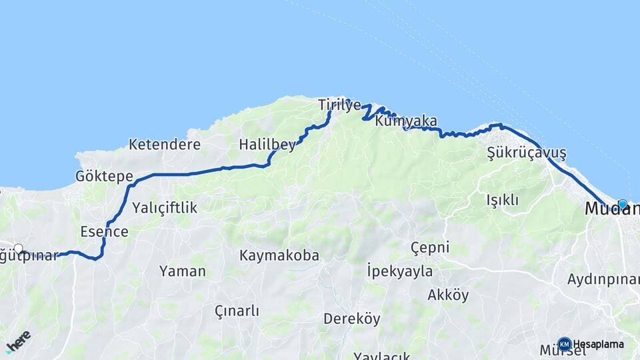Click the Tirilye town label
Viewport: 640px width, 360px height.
(339, 105)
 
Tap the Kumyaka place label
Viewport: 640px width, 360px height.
(406, 121)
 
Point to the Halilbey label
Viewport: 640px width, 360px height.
(267, 145)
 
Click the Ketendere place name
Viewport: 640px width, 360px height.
(165, 144)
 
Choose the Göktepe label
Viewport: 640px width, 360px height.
(104, 177)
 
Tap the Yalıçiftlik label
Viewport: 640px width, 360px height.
(165, 207)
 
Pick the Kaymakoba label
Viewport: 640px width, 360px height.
(279, 255)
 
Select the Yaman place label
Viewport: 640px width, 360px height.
(182, 271)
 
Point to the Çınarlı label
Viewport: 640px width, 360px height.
(237, 311)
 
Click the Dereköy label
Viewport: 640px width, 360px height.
(351, 319)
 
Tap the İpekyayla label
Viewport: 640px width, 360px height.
(399, 271)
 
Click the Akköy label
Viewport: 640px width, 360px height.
(448, 295)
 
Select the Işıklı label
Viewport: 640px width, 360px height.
(502, 199)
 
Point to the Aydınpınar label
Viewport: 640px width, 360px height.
(603, 279)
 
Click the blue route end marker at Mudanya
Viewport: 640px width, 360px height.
(622, 205)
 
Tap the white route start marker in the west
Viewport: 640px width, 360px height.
(19, 249)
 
